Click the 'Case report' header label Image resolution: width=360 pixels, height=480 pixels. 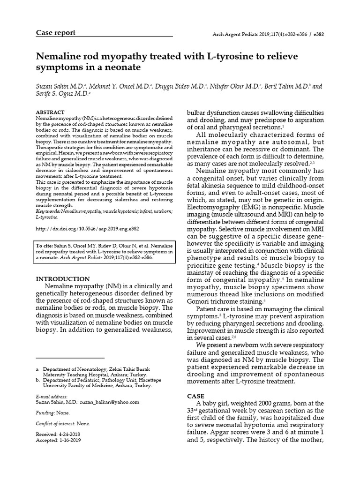click(56, 33)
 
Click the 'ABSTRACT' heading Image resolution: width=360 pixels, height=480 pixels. click(50, 113)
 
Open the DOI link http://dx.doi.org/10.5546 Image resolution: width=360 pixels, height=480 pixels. click(87, 229)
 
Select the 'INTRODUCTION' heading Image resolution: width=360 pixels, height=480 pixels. click(63, 279)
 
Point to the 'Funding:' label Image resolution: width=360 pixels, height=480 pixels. click(45, 412)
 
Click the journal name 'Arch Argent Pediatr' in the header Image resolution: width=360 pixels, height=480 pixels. click(229, 35)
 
